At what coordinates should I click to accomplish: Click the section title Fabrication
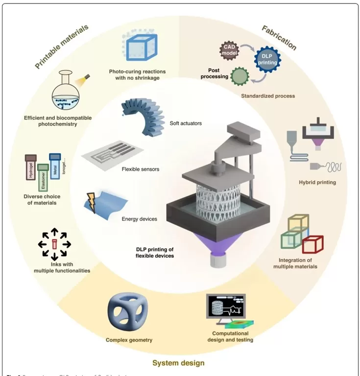coord(279,38)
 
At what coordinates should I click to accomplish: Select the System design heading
coord(178,363)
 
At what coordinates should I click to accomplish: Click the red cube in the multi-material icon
coord(312,244)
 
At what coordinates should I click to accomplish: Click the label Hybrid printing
coord(317,183)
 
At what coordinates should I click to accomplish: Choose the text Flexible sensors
coord(140,169)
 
